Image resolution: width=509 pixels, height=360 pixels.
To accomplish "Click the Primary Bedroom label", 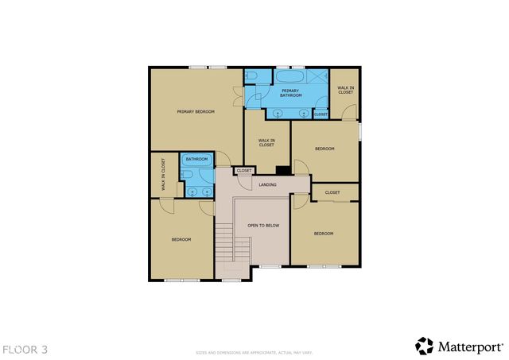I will tap(196, 112).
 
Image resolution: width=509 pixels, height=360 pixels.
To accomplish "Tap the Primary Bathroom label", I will tap(290, 94).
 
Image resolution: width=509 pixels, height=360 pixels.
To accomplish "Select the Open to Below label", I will tap(263, 226).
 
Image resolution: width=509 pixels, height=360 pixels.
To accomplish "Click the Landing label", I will tap(268, 185).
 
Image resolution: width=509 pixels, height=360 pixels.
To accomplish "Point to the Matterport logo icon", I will tap(425, 346).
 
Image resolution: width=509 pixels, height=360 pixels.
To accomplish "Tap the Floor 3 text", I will tap(25, 348).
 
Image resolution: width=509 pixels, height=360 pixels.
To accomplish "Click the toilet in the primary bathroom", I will tap(251, 75).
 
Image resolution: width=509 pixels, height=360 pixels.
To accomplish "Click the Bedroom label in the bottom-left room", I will tap(181, 239).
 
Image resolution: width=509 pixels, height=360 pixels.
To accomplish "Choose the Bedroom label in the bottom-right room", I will tap(323, 233).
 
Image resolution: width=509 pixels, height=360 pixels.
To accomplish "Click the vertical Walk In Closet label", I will tap(163, 175).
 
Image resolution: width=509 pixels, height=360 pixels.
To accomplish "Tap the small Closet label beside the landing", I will tap(244, 170).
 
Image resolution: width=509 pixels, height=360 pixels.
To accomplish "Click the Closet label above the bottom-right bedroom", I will tap(332, 192).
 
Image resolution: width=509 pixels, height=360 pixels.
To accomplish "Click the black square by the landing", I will tap(282, 169).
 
